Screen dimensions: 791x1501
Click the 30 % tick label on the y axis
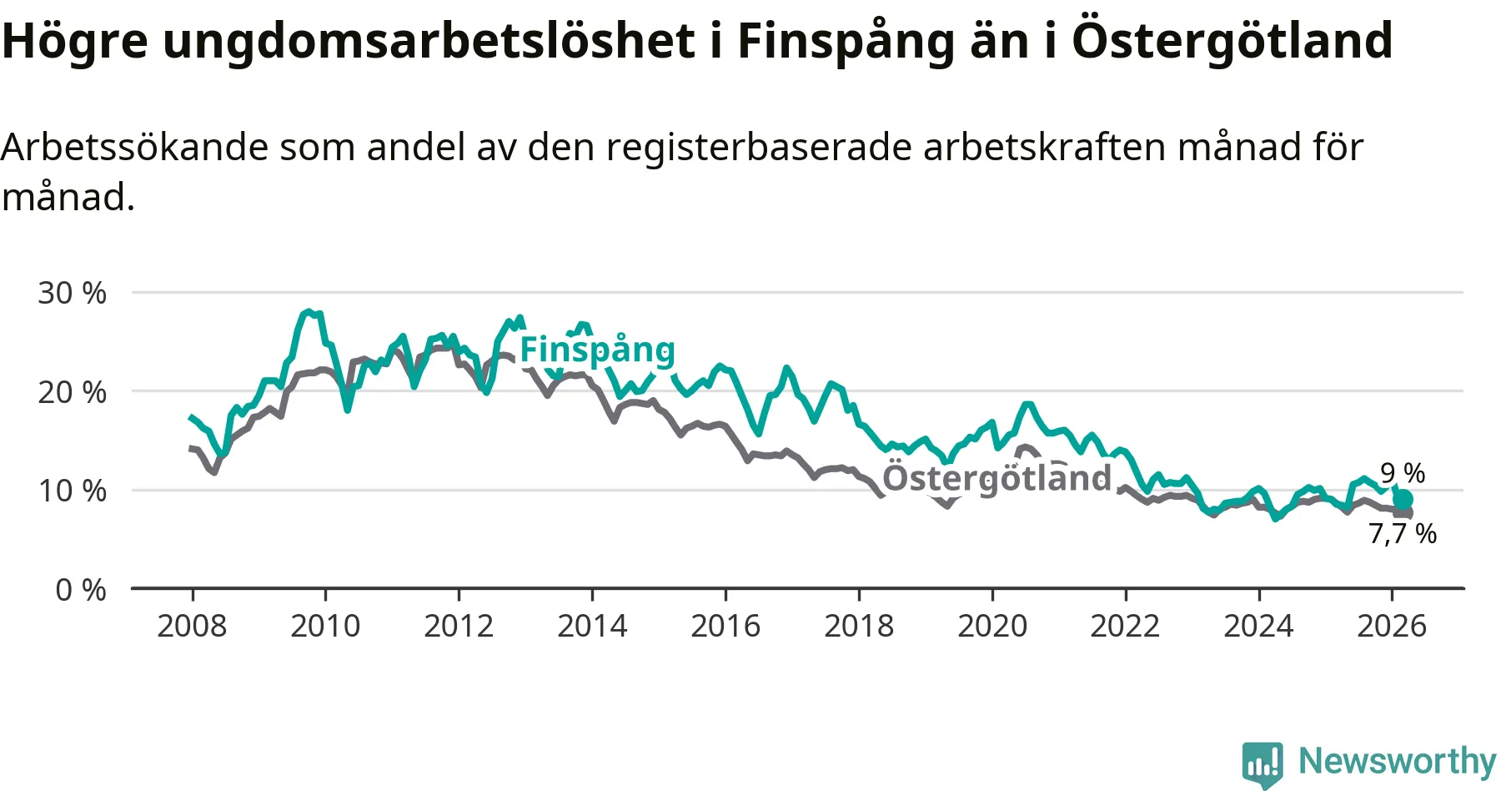pos(72,293)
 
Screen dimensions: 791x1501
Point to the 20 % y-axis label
pos(72,392)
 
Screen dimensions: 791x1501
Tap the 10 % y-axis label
pos(72,491)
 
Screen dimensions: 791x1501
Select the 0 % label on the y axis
pos(81,590)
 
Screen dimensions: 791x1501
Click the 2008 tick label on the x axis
pos(192,626)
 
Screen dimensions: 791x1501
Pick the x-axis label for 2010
pos(325,626)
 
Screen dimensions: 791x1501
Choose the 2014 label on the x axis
pos(592,626)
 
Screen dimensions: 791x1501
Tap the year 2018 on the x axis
pos(859,626)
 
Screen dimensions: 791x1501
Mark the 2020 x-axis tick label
pos(992,626)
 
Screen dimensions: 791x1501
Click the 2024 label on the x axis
pos(1258,626)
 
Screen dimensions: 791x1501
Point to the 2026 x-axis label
pos(1392,626)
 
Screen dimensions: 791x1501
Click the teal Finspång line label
pos(597,350)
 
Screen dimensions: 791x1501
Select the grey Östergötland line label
pos(997,478)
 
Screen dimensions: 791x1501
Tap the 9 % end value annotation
pos(1403,473)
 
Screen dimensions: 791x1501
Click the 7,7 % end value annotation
pos(1403,533)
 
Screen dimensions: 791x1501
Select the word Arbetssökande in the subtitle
pos(134,148)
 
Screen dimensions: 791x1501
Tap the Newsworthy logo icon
pos(1263,763)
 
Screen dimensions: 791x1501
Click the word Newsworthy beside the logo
pos(1398,761)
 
